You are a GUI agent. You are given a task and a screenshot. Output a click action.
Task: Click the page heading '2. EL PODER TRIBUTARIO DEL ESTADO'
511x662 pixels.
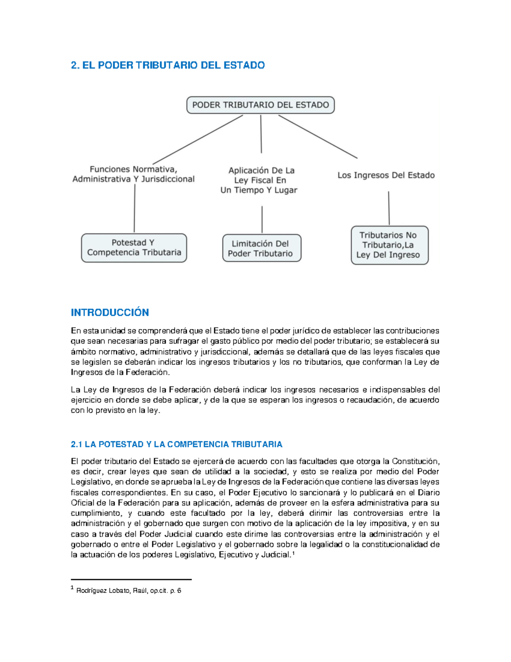tap(168, 65)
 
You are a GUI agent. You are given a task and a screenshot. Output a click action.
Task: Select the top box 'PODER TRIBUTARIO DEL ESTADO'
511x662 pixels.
tap(260, 105)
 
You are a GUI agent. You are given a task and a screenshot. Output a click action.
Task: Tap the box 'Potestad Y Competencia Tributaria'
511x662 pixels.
tap(134, 248)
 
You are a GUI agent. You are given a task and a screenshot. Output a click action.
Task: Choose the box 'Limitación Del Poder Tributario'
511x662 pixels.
tap(261, 249)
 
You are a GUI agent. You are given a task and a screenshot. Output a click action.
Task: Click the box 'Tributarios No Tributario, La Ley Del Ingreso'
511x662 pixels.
tap(389, 245)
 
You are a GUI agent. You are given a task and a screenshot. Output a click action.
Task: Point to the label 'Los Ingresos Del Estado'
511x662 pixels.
tap(386, 175)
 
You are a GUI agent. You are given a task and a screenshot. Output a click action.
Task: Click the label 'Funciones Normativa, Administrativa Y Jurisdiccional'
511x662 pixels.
tap(133, 174)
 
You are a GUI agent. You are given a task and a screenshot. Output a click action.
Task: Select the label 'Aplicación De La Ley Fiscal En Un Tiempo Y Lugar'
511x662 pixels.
tap(259, 180)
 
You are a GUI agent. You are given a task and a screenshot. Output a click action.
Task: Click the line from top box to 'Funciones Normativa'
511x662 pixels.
tap(198, 140)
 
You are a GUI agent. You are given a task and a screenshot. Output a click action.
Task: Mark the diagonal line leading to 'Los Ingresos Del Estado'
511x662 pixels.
tap(318, 136)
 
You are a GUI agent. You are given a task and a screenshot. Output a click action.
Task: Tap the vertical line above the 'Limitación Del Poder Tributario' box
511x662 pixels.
tap(262, 220)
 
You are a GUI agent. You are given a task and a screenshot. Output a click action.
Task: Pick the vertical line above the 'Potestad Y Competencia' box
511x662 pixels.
tap(135, 208)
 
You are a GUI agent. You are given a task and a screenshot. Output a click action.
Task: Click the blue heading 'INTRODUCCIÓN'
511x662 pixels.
tap(110, 312)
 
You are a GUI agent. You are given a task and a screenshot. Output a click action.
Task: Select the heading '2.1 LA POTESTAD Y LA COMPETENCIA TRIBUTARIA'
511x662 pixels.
tap(176, 444)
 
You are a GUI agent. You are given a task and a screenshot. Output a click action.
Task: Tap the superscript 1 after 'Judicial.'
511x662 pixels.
tap(293, 553)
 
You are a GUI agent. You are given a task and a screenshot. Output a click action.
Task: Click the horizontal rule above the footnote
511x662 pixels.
tap(131, 579)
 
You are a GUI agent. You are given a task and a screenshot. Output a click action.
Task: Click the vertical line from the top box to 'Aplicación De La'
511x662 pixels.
tap(261, 134)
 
